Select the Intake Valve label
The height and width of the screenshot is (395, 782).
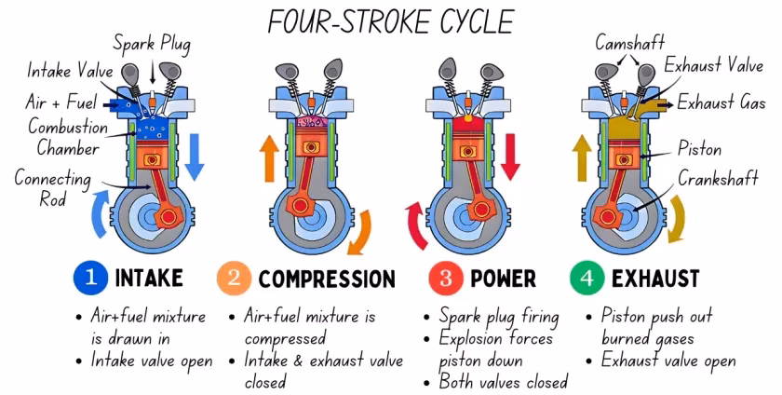pos(70,71)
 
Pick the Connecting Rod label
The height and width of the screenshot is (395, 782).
pos(52,187)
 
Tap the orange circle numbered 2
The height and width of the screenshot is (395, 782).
pos(234,278)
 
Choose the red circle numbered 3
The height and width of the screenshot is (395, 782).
pos(445,278)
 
